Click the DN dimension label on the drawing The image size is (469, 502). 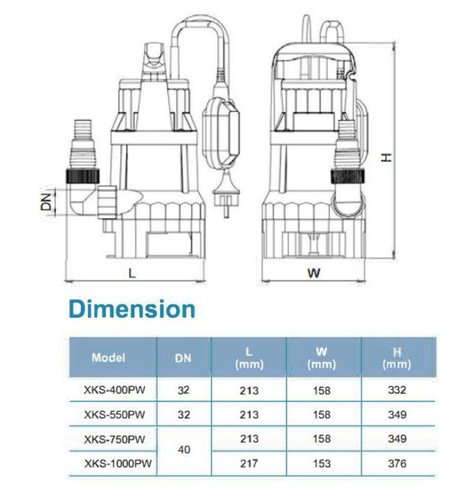click(x=46, y=201)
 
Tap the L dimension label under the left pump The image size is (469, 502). click(x=132, y=273)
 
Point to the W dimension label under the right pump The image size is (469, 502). click(x=313, y=273)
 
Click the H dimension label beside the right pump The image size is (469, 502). click(x=386, y=158)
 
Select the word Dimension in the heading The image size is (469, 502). click(x=132, y=310)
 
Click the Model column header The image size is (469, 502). click(x=108, y=358)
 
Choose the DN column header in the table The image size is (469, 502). click(x=183, y=358)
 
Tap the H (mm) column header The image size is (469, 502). click(x=397, y=358)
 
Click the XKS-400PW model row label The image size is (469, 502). click(x=114, y=390)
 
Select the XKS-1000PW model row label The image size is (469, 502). click(x=118, y=463)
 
